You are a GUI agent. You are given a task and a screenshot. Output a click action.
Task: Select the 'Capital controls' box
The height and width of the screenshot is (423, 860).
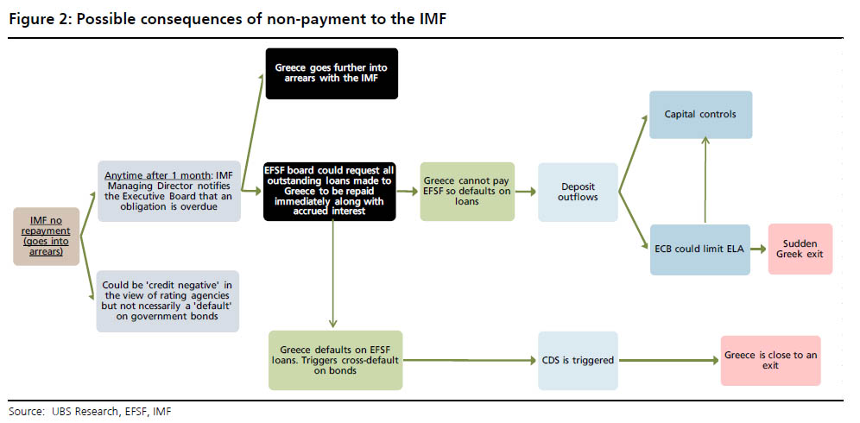(x=700, y=114)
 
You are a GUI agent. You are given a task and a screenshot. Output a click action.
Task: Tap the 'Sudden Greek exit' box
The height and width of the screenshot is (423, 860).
(x=800, y=249)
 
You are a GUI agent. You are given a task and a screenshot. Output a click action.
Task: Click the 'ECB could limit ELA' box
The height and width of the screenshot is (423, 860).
(x=700, y=249)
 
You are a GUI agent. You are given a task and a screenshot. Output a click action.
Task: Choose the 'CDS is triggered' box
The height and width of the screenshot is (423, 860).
(x=578, y=359)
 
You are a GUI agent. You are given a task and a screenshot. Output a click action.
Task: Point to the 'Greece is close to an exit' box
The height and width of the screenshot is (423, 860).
(x=770, y=360)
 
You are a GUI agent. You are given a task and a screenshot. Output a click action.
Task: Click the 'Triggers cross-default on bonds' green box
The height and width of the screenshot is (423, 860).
(x=335, y=360)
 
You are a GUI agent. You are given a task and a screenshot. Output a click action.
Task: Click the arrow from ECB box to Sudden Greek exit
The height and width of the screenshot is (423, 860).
(x=759, y=249)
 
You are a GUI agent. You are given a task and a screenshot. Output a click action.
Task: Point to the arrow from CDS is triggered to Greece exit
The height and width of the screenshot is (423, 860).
(x=668, y=359)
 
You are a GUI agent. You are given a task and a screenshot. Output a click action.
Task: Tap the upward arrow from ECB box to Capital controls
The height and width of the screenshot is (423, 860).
(x=705, y=181)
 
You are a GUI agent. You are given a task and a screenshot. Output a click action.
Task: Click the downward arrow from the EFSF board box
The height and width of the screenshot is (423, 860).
(x=332, y=276)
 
